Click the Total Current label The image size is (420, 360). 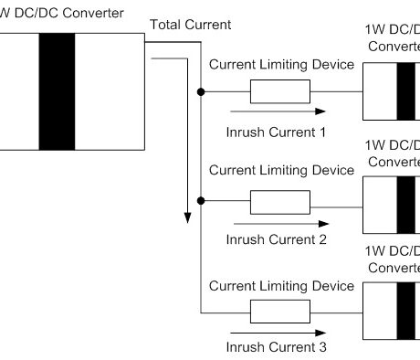coord(190,24)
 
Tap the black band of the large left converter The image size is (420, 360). coord(57,91)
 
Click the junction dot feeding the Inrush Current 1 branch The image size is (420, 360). coord(199,91)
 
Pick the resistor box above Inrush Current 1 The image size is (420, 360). coord(280,91)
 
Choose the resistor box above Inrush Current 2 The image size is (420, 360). coord(280,201)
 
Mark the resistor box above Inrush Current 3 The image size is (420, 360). coord(280,310)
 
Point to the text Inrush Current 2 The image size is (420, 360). coord(276,239)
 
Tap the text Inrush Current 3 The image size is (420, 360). coord(276,347)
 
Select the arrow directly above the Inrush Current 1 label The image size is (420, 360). coord(274,111)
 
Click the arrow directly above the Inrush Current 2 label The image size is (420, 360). coord(274,221)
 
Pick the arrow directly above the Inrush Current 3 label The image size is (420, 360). coord(274,331)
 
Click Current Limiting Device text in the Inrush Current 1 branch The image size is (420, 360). coord(281,66)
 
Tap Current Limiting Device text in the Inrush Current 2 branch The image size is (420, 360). coord(281,170)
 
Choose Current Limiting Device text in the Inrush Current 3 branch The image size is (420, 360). coord(281,285)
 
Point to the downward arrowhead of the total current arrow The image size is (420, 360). coord(186,217)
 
